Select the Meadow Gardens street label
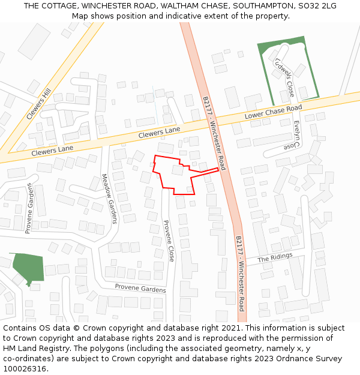point(109,198)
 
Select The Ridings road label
point(275,257)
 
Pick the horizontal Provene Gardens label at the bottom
point(140,289)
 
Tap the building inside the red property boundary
point(178,170)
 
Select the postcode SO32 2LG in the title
point(316,6)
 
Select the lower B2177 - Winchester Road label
point(240,273)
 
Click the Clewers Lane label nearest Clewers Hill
point(52,151)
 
